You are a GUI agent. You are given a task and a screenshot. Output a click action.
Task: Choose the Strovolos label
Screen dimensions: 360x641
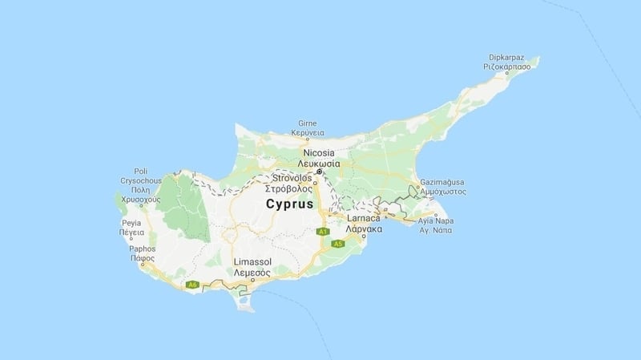click(292, 177)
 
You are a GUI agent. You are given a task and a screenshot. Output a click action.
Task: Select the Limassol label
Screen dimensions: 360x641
click(252, 262)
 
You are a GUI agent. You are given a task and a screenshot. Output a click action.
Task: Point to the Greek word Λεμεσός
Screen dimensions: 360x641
click(252, 273)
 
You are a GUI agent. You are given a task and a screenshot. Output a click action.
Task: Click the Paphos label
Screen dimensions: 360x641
click(142, 249)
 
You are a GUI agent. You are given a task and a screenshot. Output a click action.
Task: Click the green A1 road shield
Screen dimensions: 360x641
click(323, 233)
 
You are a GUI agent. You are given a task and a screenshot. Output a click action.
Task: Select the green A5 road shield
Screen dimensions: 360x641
click(339, 244)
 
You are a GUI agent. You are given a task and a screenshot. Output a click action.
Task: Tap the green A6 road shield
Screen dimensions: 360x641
click(191, 284)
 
